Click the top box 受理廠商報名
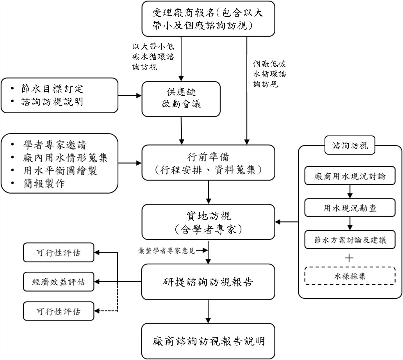coord(208,18)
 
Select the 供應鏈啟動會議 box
coord(181,98)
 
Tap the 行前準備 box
coord(209,163)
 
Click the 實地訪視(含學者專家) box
coord(209,221)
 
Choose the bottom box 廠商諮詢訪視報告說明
coord(209,341)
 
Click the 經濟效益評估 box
coord(59,282)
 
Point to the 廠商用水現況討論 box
coord(350,176)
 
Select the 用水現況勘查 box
coord(350,208)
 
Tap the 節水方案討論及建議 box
coord(350,240)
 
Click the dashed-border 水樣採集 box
coord(350,276)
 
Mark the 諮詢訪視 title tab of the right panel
coord(350,146)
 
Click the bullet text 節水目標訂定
coord(52,89)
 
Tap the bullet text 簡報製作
coord(43,184)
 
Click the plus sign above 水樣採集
coord(350,258)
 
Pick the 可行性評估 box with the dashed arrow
coord(59,311)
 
